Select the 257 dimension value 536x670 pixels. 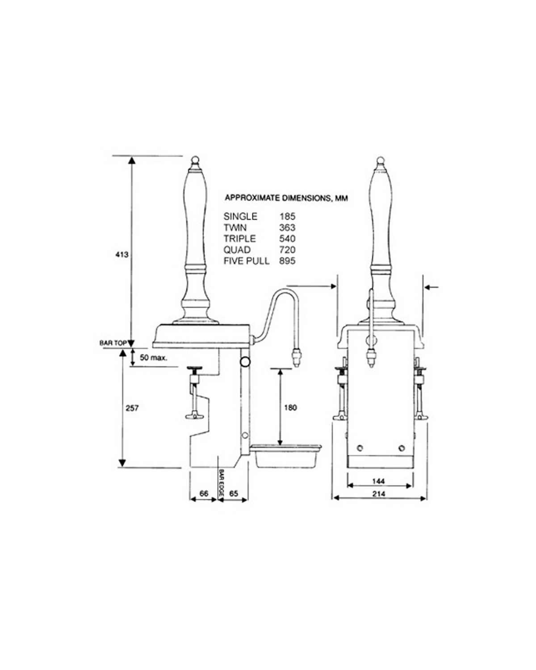pyautogui.click(x=133, y=408)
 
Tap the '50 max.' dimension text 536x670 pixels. pyautogui.click(x=153, y=358)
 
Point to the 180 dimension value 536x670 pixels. pyautogui.click(x=290, y=408)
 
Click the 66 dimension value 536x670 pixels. pyautogui.click(x=203, y=494)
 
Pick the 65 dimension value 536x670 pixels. pyautogui.click(x=233, y=494)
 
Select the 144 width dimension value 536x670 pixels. pyautogui.click(x=378, y=482)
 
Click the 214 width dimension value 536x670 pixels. pyautogui.click(x=378, y=494)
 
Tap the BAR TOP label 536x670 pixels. pyautogui.click(x=113, y=343)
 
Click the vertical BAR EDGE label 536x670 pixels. pyautogui.click(x=221, y=479)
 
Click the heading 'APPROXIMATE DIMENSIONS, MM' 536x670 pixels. pyautogui.click(x=286, y=197)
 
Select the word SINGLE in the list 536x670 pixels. pyautogui.click(x=240, y=217)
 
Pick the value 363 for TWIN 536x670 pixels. pyautogui.click(x=287, y=228)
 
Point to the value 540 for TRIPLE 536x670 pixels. pyautogui.click(x=287, y=239)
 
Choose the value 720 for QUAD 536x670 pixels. pyautogui.click(x=287, y=250)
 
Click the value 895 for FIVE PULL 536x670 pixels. pyautogui.click(x=287, y=261)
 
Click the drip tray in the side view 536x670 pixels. pyautogui.click(x=286, y=456)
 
